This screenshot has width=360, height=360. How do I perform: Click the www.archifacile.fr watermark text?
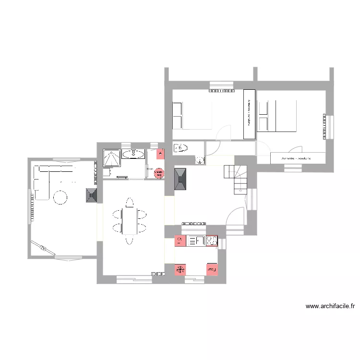[x=330, y=305]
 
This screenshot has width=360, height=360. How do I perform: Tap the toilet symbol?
[x=181, y=147]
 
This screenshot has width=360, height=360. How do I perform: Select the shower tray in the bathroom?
[x=111, y=158]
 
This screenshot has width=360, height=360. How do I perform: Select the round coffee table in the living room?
[x=60, y=197]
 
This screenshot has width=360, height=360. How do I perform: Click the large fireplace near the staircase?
[x=181, y=179]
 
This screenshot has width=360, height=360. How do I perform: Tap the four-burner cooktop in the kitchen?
[x=212, y=241]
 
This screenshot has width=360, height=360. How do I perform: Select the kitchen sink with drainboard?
[x=196, y=241]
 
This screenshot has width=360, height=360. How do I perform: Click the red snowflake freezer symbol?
[x=180, y=270]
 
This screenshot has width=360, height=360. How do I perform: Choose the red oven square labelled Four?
[x=212, y=270]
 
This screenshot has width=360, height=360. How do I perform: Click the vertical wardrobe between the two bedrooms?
[x=249, y=114]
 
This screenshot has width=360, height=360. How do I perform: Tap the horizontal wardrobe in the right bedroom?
[x=298, y=158]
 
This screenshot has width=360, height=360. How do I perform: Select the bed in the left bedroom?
[x=192, y=115]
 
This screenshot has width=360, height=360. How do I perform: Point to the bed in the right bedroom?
[x=276, y=116]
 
